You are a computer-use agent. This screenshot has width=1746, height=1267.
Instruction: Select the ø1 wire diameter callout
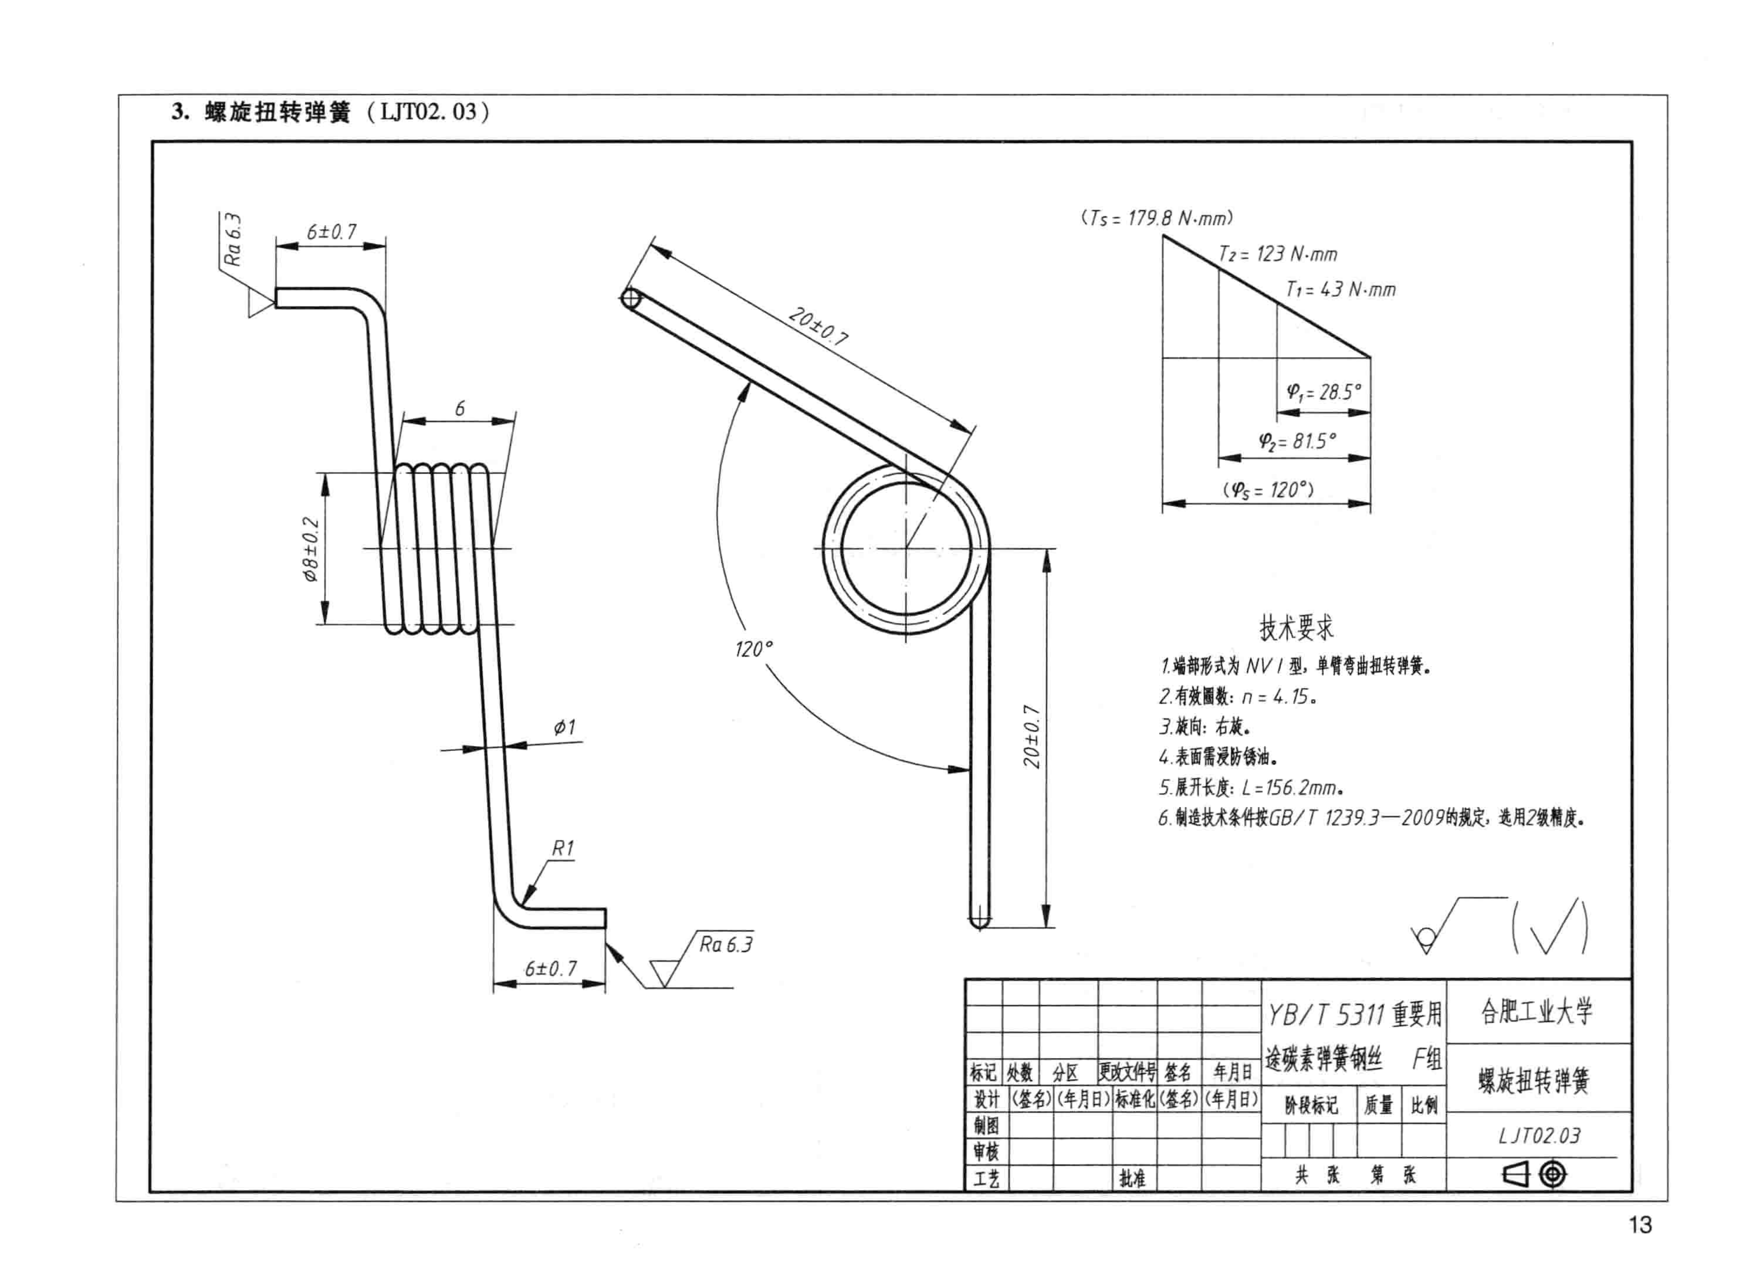click(564, 727)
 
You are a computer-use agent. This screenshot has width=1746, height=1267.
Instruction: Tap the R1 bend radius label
click(563, 848)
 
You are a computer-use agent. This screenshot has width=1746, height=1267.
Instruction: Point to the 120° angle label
click(753, 649)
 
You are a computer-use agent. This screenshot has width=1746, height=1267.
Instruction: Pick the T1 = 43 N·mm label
click(1340, 289)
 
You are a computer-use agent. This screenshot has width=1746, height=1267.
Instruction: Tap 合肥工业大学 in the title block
click(1537, 1011)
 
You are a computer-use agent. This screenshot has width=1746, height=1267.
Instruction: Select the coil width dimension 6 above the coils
click(459, 408)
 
